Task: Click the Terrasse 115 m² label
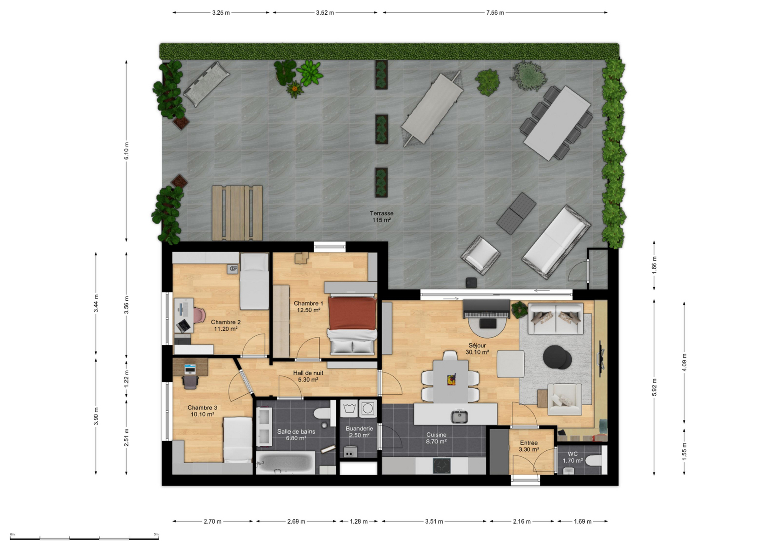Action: pyautogui.click(x=382, y=217)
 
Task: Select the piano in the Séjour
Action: pyautogui.click(x=487, y=309)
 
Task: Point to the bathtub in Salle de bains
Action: pyautogui.click(x=286, y=463)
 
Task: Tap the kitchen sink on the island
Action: pyautogui.click(x=459, y=416)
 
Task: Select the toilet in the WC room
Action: pyautogui.click(x=596, y=460)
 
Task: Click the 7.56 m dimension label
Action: pyautogui.click(x=495, y=13)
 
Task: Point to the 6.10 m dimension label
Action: pyautogui.click(x=126, y=151)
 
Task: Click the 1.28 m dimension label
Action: pyautogui.click(x=359, y=521)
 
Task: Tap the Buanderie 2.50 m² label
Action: pyautogui.click(x=359, y=432)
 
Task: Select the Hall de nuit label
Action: pyautogui.click(x=308, y=373)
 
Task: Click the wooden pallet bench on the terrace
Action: pyautogui.click(x=237, y=213)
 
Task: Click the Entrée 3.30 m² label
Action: pyautogui.click(x=528, y=446)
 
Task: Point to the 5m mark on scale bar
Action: pyautogui.click(x=156, y=534)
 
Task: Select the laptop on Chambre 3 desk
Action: pyautogui.click(x=190, y=369)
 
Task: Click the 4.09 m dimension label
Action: pyautogui.click(x=684, y=362)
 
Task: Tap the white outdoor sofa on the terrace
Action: pyautogui.click(x=556, y=241)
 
